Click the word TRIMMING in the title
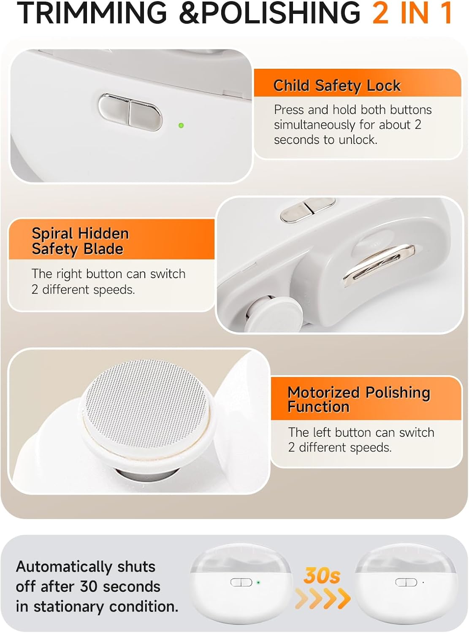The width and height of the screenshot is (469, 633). (92, 13)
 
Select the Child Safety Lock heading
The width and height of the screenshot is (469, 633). (337, 86)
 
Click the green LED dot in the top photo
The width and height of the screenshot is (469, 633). (181, 125)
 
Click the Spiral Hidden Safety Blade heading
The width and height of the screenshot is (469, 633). (80, 241)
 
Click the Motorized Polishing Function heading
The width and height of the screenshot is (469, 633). (359, 399)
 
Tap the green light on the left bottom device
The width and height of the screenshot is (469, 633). (258, 582)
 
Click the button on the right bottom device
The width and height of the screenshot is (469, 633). (406, 582)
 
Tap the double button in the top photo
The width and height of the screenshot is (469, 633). (130, 112)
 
